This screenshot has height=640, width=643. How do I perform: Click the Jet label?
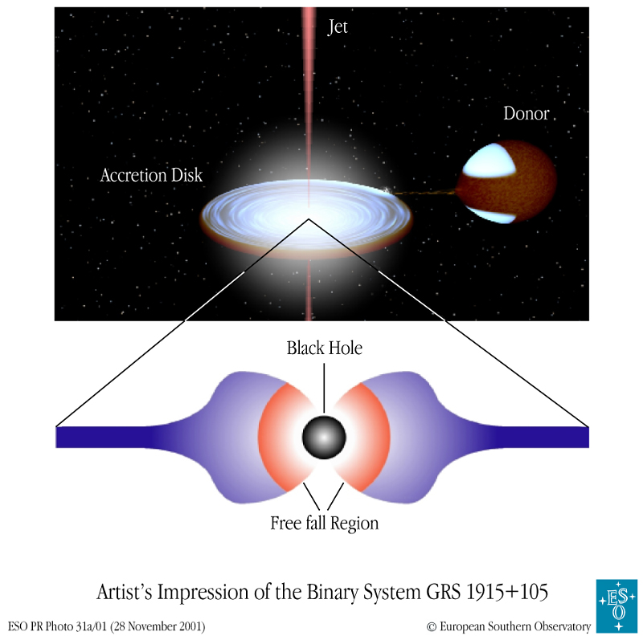coord(338,27)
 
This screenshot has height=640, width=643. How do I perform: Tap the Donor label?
coord(526,113)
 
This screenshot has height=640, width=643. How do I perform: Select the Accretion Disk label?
coord(151,175)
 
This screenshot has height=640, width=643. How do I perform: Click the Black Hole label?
coord(325,348)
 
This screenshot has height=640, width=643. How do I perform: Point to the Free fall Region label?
coord(324,524)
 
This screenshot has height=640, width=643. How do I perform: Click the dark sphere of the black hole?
coord(324,437)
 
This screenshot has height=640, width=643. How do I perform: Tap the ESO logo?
coord(616,606)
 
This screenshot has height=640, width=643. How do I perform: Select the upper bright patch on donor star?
coord(489,161)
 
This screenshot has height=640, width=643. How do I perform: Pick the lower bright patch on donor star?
coord(491,215)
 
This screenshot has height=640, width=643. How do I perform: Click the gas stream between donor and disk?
coord(424,192)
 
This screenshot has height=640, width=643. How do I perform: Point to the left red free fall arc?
coord(272,437)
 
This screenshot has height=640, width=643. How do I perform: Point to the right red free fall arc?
coord(375,437)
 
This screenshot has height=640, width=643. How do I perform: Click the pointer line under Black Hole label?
coord(324,388)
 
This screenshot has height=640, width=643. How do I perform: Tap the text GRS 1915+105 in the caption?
coord(487,592)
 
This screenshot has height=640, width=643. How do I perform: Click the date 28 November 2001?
coord(158,626)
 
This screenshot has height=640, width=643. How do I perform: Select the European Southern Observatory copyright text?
coord(509,626)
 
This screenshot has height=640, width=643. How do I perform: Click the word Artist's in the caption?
coord(125,592)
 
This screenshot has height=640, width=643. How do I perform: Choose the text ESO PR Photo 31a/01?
coord(57,626)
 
